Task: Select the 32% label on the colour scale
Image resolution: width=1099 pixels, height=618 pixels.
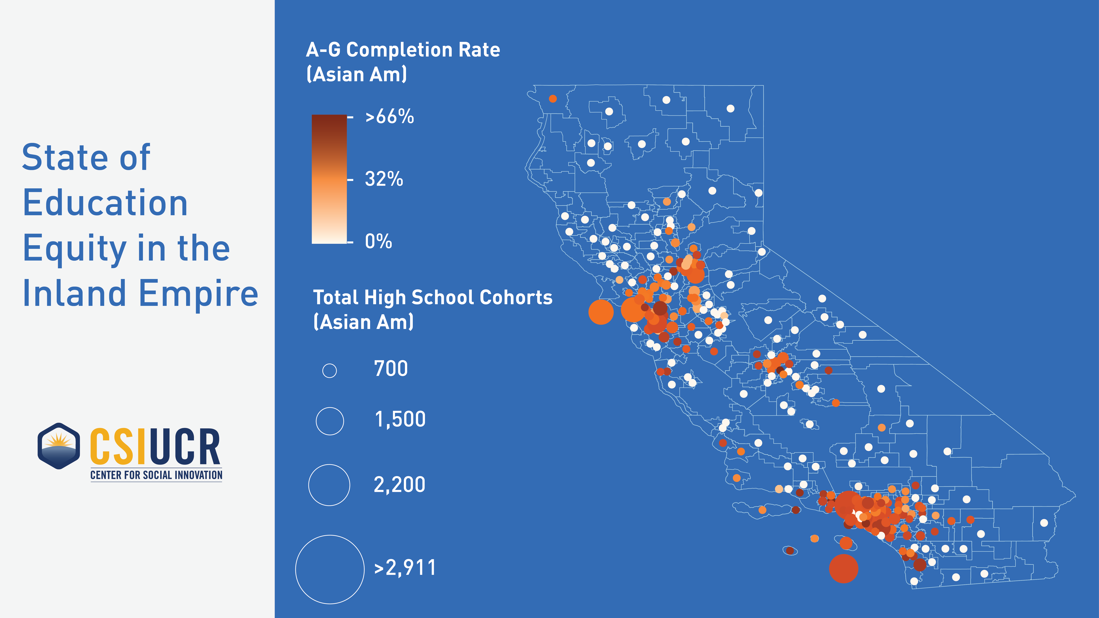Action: (384, 179)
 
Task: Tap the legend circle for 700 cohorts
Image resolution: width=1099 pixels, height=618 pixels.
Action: (329, 371)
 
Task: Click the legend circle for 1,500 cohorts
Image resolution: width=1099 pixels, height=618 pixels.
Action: (330, 421)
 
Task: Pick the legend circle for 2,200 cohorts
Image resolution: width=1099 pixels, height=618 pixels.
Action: (329, 485)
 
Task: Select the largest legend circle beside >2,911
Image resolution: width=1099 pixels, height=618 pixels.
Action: (330, 569)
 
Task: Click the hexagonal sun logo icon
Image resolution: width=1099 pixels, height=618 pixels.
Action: (59, 446)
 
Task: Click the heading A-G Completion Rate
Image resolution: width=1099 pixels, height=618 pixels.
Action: (403, 50)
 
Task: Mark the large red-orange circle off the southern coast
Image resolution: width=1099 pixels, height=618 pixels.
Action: (843, 569)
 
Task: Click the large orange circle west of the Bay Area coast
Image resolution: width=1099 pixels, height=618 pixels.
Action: (601, 312)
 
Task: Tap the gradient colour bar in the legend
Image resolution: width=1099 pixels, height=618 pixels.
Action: (329, 179)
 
